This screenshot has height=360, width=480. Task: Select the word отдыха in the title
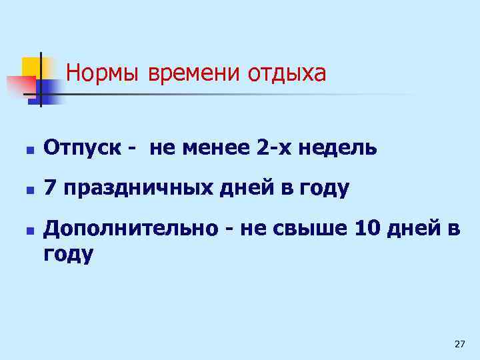point(287,73)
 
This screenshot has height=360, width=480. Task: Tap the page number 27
point(459,344)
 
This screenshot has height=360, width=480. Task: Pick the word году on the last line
point(69,253)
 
